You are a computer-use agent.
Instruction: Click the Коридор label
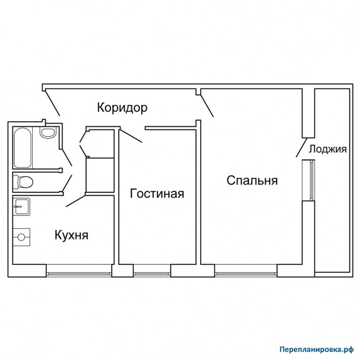pos(122,108)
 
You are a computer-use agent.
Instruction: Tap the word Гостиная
pos(157,194)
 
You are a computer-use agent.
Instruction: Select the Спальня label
pos(252,180)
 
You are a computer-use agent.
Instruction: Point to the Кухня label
pos(72,235)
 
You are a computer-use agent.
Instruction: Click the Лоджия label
pos(328,149)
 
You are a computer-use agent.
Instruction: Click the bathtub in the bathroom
pos(22,148)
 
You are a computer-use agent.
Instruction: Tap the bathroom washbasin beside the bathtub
pos(48,132)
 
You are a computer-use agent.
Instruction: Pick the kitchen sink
pos(21,207)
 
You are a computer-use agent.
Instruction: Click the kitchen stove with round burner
pos(21,237)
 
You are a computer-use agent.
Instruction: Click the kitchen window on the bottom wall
pos(79,274)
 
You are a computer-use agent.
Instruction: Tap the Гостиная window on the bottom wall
pos(152,274)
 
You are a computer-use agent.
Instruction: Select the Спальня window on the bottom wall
pos(246,274)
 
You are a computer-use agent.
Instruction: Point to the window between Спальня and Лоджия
pos(312,180)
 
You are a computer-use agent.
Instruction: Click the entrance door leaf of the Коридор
pos(52,102)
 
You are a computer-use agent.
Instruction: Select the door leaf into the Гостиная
pos(131,136)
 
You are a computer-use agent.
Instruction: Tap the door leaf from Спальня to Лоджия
pos(302,147)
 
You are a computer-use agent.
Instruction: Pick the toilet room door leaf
pos(66,183)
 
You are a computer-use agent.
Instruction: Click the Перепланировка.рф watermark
pos(317,350)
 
